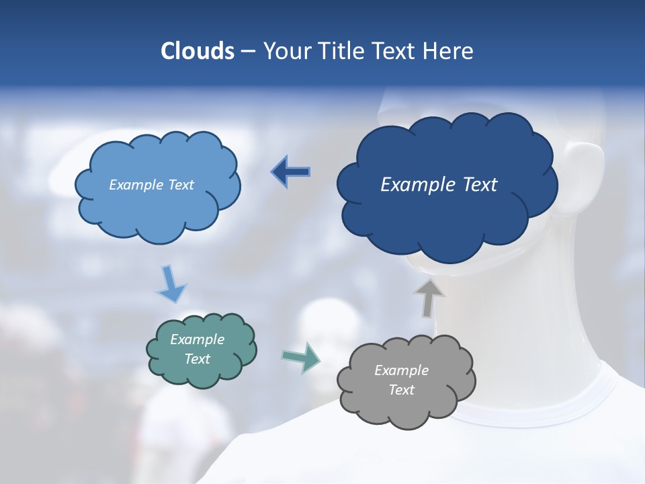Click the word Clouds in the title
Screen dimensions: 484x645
click(x=198, y=51)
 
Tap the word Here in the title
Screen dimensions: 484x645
click(x=449, y=51)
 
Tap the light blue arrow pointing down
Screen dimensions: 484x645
click(x=171, y=284)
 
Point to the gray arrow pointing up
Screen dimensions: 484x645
click(x=429, y=298)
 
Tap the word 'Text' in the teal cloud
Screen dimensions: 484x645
click(x=198, y=359)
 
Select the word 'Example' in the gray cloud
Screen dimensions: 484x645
click(x=401, y=370)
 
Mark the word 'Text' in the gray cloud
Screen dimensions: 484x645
click(x=402, y=390)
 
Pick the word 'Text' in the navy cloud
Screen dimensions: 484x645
click(x=480, y=184)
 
